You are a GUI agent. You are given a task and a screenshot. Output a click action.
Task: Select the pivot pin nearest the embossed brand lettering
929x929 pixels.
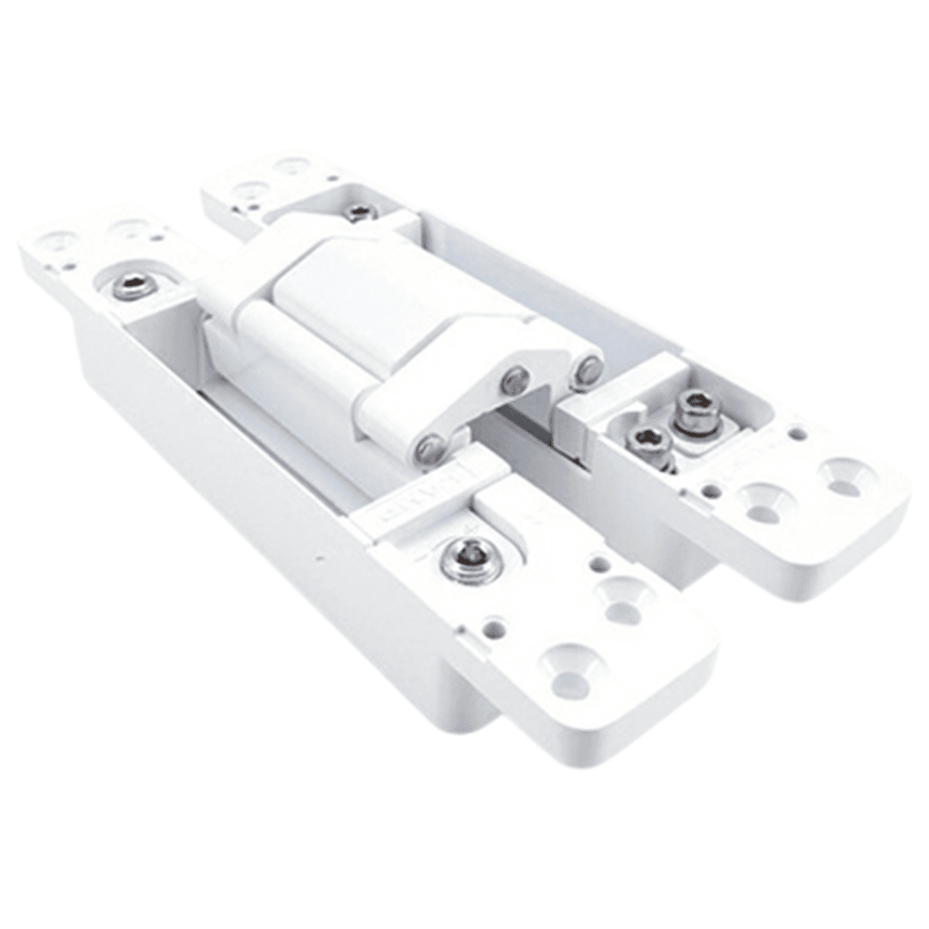tap(430, 450)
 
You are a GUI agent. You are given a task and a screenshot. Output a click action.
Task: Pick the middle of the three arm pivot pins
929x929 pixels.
tap(515, 379)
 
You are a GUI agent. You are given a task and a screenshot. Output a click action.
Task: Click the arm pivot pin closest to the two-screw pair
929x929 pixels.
tap(587, 370)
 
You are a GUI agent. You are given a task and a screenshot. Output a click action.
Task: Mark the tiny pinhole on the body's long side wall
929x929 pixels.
tap(318, 559)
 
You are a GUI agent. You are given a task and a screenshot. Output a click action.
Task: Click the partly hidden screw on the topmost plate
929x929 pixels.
tap(360, 213)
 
